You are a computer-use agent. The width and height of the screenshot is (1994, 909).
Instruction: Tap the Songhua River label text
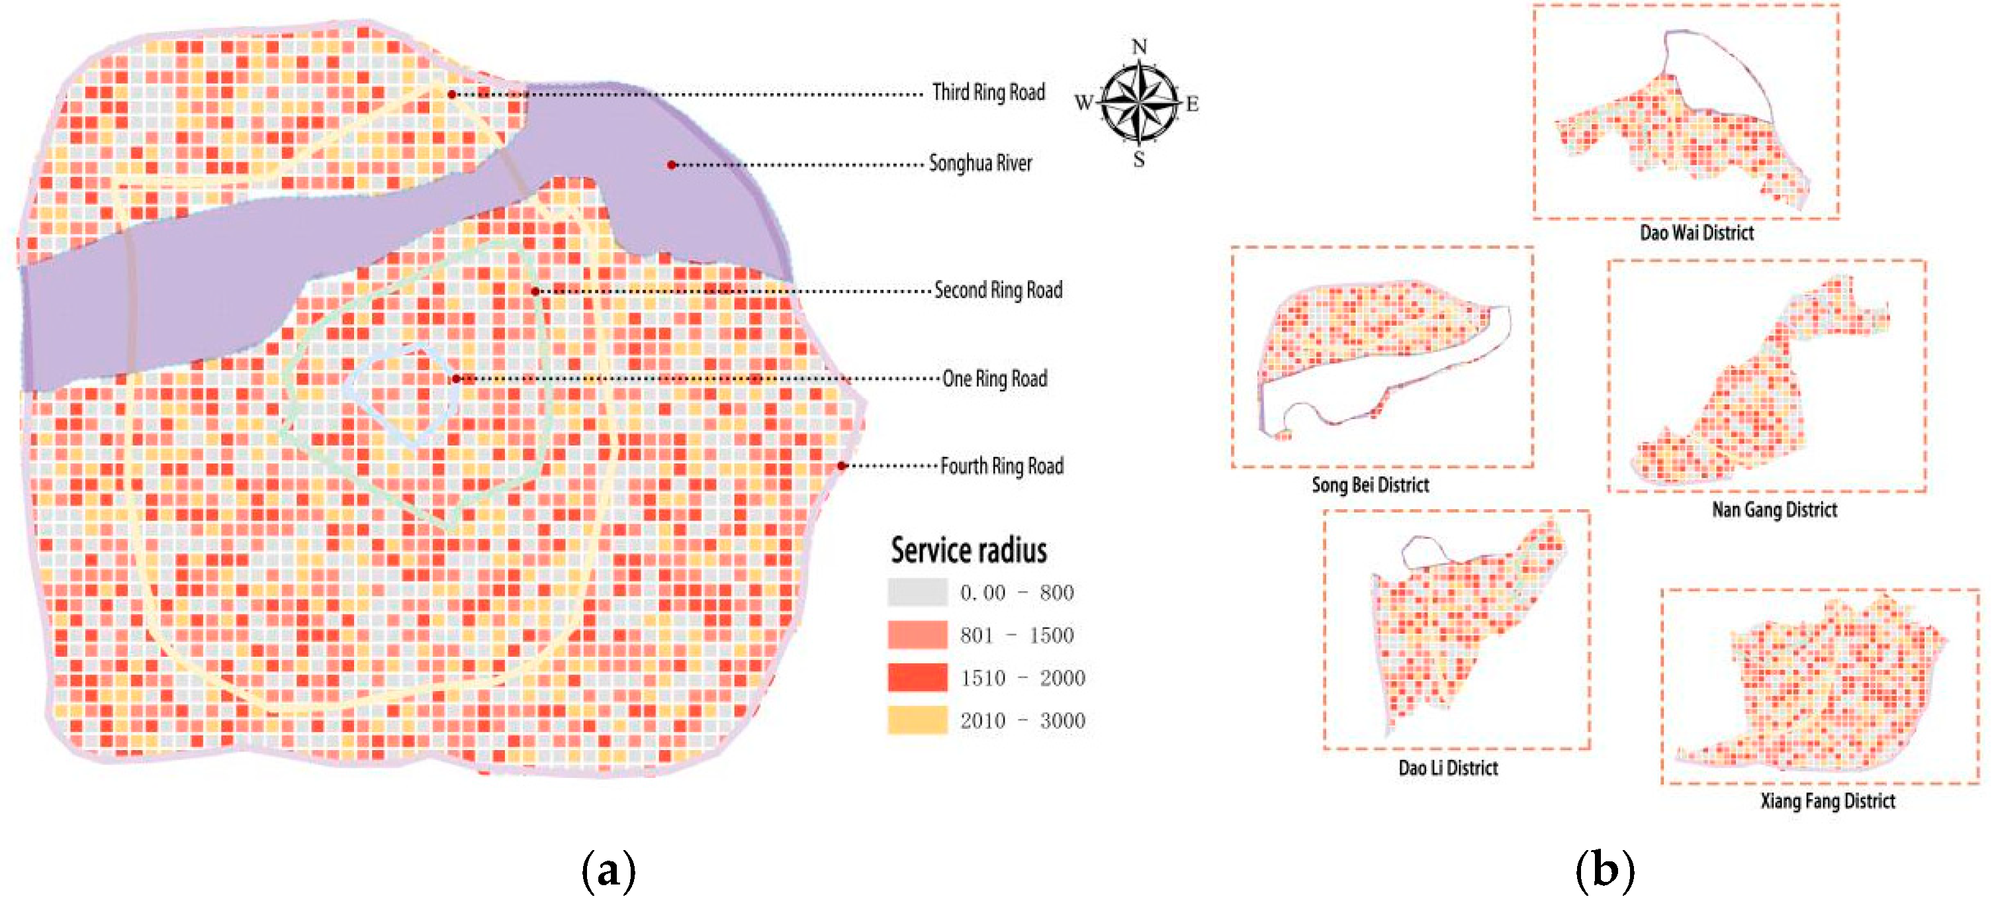pos(980,164)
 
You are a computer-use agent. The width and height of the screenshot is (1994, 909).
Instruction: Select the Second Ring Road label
pos(998,291)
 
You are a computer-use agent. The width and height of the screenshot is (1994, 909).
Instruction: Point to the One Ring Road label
pos(995,379)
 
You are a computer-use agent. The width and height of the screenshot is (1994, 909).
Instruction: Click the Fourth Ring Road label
pos(1002,466)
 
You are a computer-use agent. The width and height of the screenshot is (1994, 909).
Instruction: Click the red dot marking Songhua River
pos(672,165)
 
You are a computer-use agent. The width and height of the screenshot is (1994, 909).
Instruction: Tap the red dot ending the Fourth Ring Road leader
pos(841,466)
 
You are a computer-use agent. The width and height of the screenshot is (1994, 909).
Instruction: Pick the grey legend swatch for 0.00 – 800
pos(917,593)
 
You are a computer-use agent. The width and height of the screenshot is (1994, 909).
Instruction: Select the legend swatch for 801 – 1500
pos(917,635)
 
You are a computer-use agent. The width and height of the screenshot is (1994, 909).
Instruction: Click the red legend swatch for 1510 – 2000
pos(917,677)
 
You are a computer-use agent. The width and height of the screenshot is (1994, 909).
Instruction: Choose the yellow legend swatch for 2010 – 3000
pos(917,720)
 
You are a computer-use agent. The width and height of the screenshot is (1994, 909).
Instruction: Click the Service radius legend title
pos(968,550)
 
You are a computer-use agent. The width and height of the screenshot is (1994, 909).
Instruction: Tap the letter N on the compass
pos(1139,46)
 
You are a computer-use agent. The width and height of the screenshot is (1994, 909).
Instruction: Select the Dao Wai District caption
pos(1696,233)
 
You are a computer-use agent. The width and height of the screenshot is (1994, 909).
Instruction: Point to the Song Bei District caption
pos(1369,485)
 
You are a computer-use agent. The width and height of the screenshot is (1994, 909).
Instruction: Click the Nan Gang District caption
pos(1774,510)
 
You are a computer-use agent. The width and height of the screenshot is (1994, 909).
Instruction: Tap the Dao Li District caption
pos(1447,768)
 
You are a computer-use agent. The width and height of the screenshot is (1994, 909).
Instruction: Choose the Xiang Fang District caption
pos(1828,801)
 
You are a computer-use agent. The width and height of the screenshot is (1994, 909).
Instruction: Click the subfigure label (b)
pos(1605,871)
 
